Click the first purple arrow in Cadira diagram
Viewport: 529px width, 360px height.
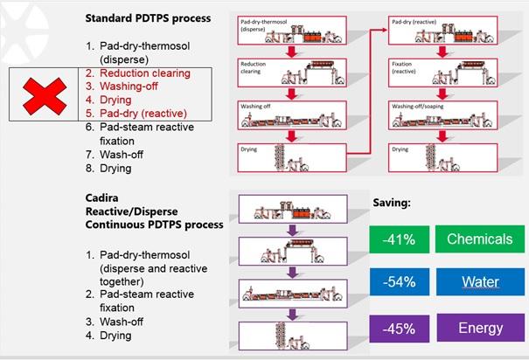point(296,225)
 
